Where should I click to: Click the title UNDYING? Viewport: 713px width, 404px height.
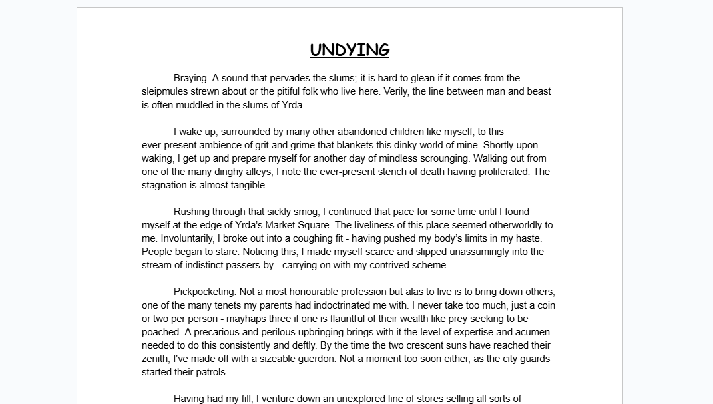pos(349,50)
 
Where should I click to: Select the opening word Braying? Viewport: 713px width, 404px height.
pos(191,78)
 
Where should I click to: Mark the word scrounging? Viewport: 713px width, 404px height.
pos(445,158)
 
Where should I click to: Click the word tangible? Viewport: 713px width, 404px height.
pos(247,185)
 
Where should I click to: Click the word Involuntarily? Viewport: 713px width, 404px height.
pos(174,238)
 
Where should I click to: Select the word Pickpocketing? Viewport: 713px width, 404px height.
pos(204,292)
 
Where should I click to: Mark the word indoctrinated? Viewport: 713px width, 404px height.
pos(375,305)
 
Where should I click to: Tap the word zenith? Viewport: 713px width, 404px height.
pos(156,359)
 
